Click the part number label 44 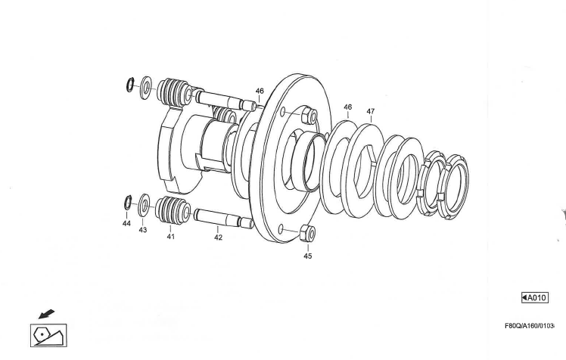126,224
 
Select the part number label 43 142,230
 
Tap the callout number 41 170,237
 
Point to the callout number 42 218,237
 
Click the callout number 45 307,256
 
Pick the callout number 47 370,111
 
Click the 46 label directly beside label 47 347,107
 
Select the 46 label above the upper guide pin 260,91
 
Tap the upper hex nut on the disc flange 307,116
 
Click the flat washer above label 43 144,205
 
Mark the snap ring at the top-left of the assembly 131,83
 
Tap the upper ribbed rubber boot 176,92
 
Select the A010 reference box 534,298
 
